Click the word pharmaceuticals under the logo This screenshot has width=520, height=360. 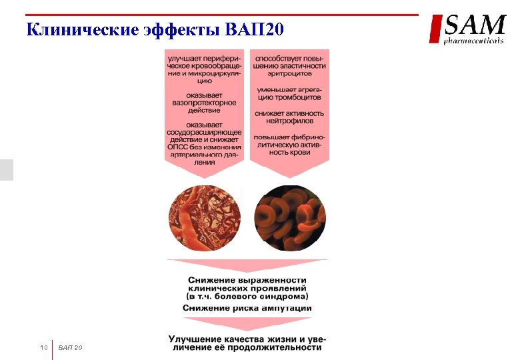click(x=474, y=41)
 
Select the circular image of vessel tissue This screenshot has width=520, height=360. click(x=204, y=218)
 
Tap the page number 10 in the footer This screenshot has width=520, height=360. click(x=44, y=348)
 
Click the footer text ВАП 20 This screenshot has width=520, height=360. click(x=69, y=348)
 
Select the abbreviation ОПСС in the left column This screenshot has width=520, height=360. click(x=177, y=147)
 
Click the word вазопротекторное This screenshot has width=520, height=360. click(x=204, y=103)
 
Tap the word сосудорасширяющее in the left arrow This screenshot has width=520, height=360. click(x=204, y=132)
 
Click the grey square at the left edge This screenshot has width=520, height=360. click(x=6, y=170)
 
